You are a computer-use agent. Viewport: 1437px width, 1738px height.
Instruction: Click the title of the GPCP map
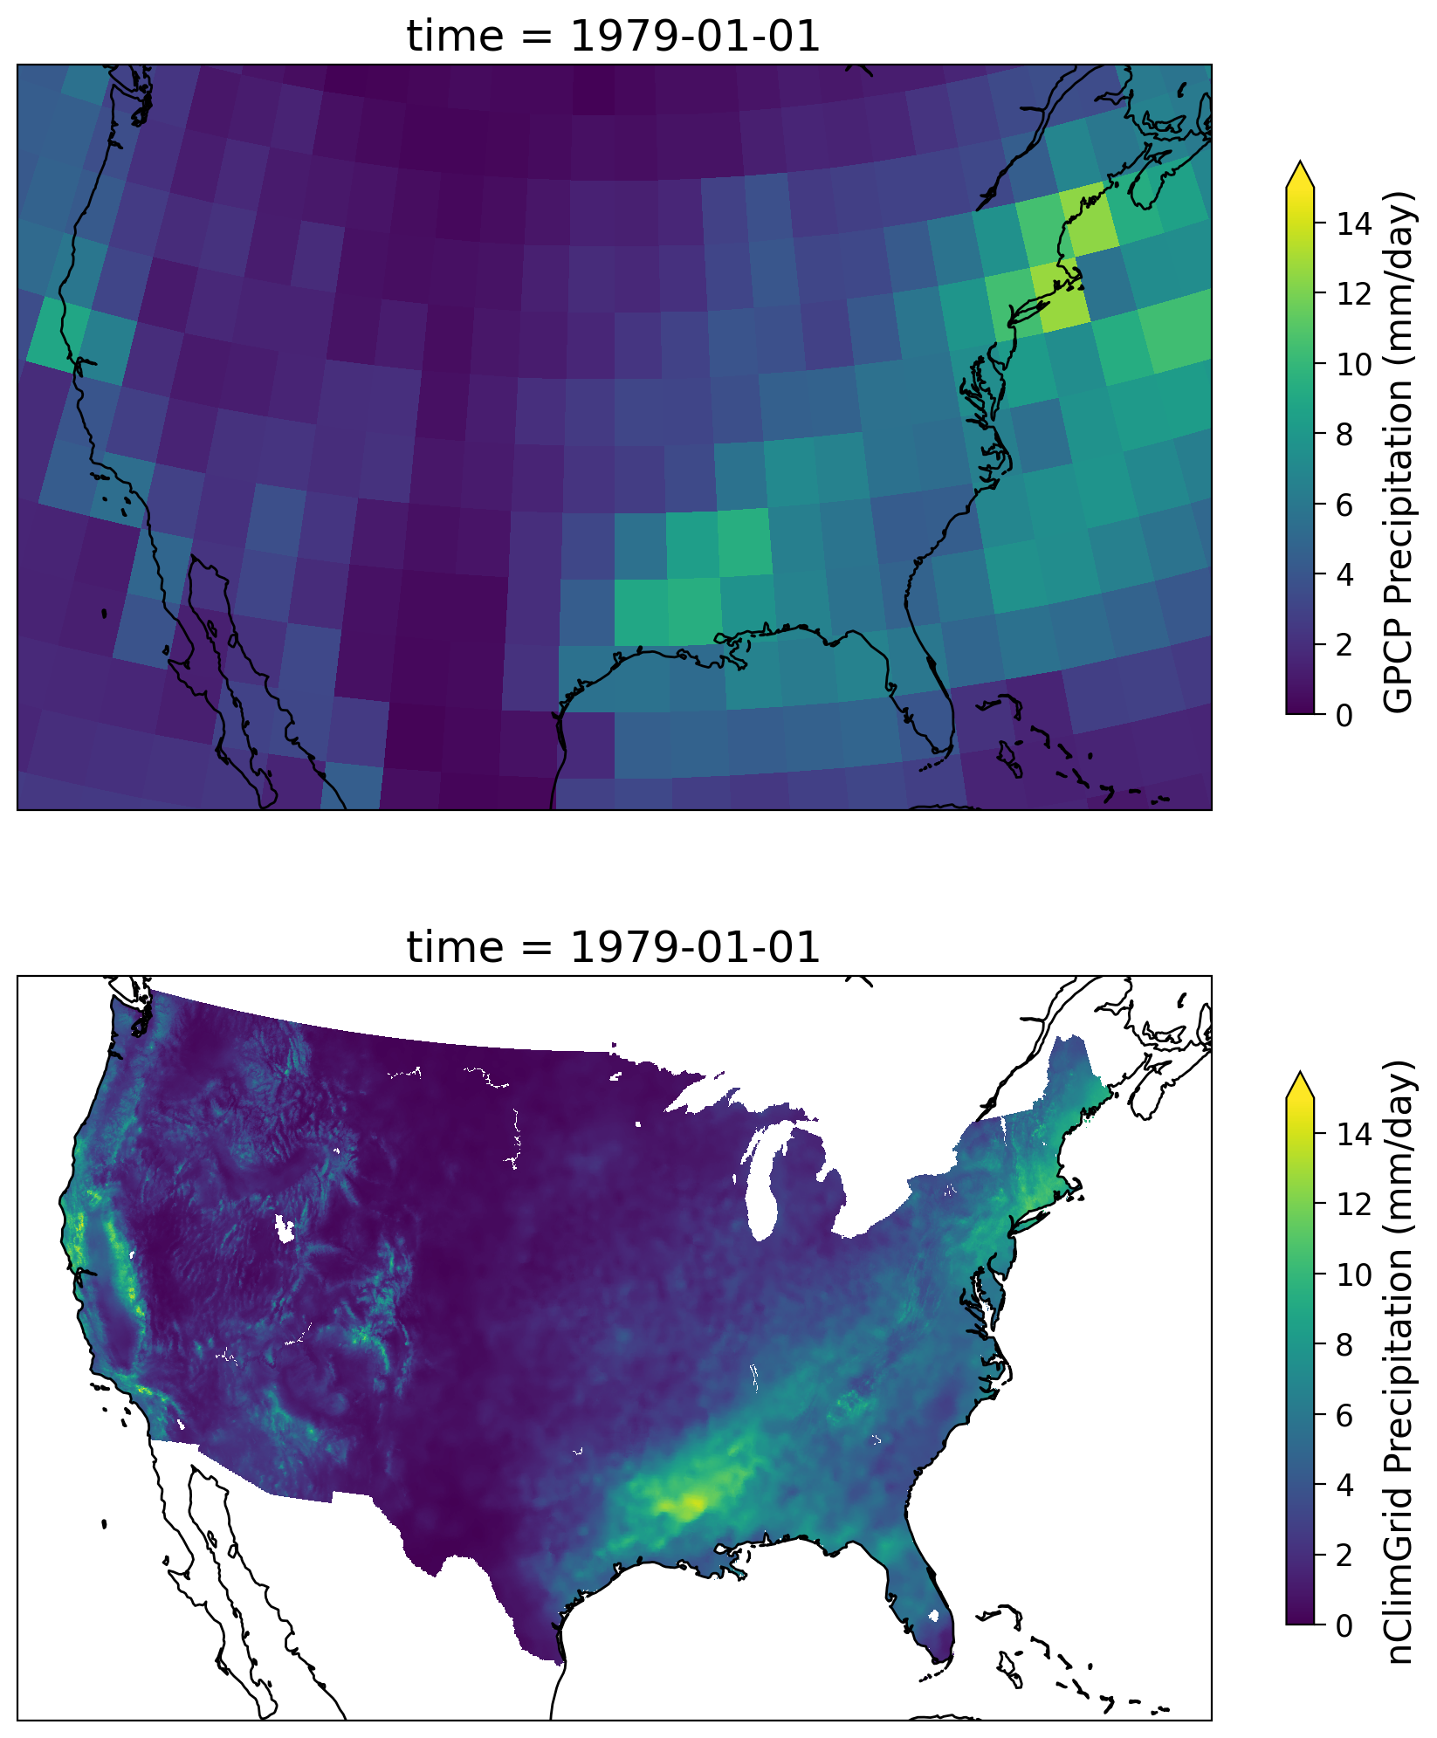coord(613,37)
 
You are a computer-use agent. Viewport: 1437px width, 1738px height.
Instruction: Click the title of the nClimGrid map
coord(613,948)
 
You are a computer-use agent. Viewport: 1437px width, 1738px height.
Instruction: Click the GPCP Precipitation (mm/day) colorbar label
coord(1399,451)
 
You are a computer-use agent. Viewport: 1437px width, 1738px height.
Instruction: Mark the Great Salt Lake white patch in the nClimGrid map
coord(285,1227)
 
